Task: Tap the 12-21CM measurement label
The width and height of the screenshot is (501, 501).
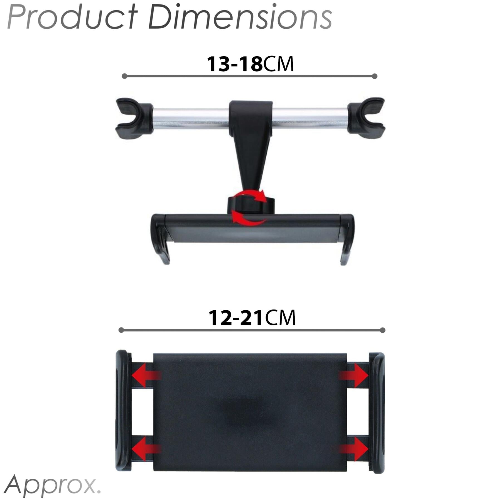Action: pyautogui.click(x=252, y=318)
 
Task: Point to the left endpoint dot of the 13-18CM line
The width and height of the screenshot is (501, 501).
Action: pyautogui.click(x=124, y=76)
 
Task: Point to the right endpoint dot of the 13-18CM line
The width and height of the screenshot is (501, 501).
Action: pyautogui.click(x=375, y=76)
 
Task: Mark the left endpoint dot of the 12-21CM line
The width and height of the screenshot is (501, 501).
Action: pyautogui.click(x=121, y=330)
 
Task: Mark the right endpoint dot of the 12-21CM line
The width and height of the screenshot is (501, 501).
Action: pyautogui.click(x=382, y=330)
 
